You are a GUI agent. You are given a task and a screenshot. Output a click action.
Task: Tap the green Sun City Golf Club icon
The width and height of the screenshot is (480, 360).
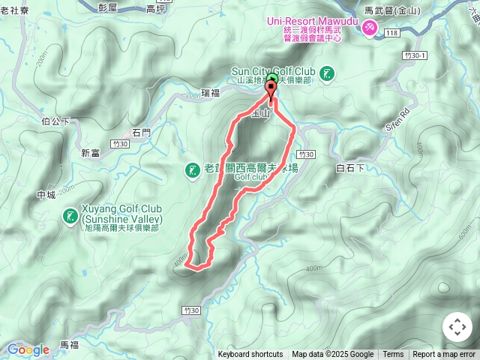(327, 73)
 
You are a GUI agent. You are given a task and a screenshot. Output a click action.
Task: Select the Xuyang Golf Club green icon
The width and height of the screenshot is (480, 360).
(70, 217)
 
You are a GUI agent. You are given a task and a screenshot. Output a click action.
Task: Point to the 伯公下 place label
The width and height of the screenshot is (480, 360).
(56, 120)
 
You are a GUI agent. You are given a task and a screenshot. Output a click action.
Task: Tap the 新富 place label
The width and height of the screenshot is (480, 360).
(91, 153)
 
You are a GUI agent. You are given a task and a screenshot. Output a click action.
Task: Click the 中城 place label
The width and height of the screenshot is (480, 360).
(46, 196)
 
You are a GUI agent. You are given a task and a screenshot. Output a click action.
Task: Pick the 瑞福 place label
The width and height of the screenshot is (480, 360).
(211, 93)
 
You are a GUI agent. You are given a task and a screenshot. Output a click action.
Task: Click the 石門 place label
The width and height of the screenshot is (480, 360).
(141, 133)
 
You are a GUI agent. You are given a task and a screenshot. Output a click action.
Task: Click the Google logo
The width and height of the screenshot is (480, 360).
(28, 349)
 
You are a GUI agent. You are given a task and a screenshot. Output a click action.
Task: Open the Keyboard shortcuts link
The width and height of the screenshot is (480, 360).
(250, 355)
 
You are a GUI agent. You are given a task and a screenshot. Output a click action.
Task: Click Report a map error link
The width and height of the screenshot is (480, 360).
(444, 355)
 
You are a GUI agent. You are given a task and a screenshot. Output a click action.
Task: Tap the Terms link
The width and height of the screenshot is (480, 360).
(393, 355)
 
